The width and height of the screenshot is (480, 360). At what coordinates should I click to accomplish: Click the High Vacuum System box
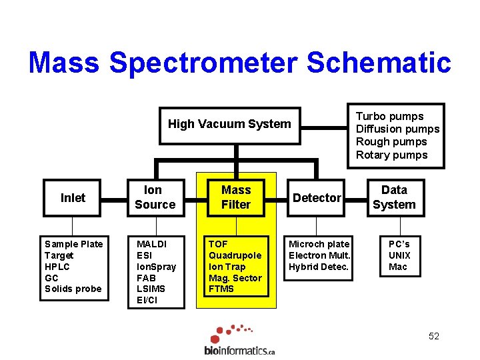(229, 124)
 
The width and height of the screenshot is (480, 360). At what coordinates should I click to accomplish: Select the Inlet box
(73, 198)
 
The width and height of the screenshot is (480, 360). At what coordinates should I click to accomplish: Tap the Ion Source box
(155, 198)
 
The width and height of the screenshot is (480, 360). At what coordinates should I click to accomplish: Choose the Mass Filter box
(236, 198)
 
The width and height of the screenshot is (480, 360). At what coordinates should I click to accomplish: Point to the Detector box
(317, 198)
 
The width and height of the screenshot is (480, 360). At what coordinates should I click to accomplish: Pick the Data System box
(394, 198)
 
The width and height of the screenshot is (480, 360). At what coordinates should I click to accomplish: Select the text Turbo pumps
(389, 116)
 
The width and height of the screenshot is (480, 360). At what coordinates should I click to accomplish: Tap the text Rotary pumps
(391, 155)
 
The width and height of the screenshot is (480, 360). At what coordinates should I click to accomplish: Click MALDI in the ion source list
(151, 244)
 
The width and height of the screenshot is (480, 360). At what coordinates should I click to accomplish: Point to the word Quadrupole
(235, 255)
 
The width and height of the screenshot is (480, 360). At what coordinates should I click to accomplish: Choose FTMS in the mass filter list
(221, 289)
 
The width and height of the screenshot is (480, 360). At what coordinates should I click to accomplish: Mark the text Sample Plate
(73, 244)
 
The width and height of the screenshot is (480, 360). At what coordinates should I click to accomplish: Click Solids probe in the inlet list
(73, 289)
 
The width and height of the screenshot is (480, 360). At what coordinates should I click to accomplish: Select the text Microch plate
(319, 244)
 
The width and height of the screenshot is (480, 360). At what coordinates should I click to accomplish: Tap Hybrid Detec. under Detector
(319, 267)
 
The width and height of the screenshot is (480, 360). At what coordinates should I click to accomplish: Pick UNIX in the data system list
(399, 255)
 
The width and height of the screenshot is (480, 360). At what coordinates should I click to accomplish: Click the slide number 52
(434, 336)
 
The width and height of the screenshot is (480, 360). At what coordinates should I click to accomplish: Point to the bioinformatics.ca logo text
(239, 350)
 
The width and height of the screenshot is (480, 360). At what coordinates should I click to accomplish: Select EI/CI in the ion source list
(148, 300)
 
